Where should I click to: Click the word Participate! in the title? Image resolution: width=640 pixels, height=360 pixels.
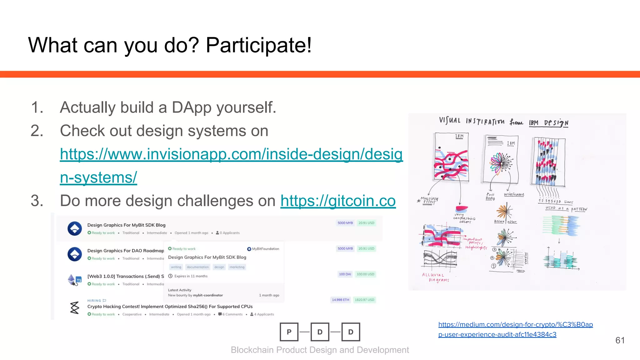(259, 45)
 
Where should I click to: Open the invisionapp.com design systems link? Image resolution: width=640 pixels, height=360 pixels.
(231, 154)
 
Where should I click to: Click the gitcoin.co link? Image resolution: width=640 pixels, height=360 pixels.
(338, 201)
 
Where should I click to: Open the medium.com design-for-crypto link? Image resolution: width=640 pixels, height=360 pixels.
(515, 325)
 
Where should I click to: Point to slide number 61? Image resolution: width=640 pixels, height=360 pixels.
(620, 340)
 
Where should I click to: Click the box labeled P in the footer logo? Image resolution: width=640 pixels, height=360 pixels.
(289, 332)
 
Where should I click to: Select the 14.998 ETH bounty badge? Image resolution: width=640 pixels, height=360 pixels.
(340, 300)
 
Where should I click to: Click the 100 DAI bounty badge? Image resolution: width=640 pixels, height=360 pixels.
(345, 274)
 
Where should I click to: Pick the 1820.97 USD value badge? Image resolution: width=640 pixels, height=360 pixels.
(364, 300)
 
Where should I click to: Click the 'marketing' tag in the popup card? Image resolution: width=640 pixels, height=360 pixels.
(237, 267)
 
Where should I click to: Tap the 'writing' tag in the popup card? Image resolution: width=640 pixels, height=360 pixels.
(176, 267)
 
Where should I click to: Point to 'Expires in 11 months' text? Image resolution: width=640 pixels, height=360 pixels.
(191, 276)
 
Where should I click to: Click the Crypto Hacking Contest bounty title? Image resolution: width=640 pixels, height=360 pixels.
(170, 307)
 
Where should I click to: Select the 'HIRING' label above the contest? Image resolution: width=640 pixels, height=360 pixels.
(94, 301)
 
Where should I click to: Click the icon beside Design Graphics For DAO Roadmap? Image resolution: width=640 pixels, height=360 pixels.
(75, 254)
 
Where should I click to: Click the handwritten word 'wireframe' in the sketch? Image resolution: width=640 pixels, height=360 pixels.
(514, 194)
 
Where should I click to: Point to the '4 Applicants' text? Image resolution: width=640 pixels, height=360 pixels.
(264, 314)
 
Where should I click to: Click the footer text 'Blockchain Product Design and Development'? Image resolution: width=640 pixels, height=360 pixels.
(320, 350)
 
